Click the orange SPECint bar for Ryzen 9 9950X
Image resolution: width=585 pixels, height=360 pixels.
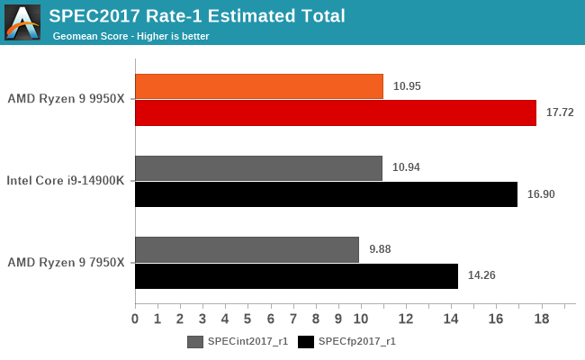click(x=259, y=86)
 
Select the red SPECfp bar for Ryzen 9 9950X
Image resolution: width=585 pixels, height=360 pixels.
click(x=335, y=112)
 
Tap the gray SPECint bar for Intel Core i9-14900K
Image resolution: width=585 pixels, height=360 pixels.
click(x=258, y=167)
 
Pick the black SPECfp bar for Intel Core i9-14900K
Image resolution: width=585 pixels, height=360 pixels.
click(x=326, y=193)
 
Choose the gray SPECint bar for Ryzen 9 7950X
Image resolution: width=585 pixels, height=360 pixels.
click(x=247, y=249)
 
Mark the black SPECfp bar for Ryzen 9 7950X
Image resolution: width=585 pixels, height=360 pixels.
click(x=296, y=275)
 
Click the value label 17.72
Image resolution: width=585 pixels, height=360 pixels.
click(x=560, y=113)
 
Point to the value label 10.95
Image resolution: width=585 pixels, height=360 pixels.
click(x=407, y=86)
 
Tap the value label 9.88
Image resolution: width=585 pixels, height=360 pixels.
click(x=381, y=249)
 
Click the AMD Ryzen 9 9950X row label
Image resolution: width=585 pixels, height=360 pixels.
click(x=66, y=99)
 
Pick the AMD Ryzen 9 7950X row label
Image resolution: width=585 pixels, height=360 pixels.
click(x=66, y=262)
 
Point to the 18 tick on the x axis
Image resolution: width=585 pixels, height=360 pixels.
click(x=541, y=319)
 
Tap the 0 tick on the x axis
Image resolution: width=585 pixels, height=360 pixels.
click(x=135, y=319)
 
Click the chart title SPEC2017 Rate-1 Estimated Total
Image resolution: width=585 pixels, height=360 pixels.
click(x=198, y=15)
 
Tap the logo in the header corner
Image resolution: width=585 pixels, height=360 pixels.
click(x=22, y=22)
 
